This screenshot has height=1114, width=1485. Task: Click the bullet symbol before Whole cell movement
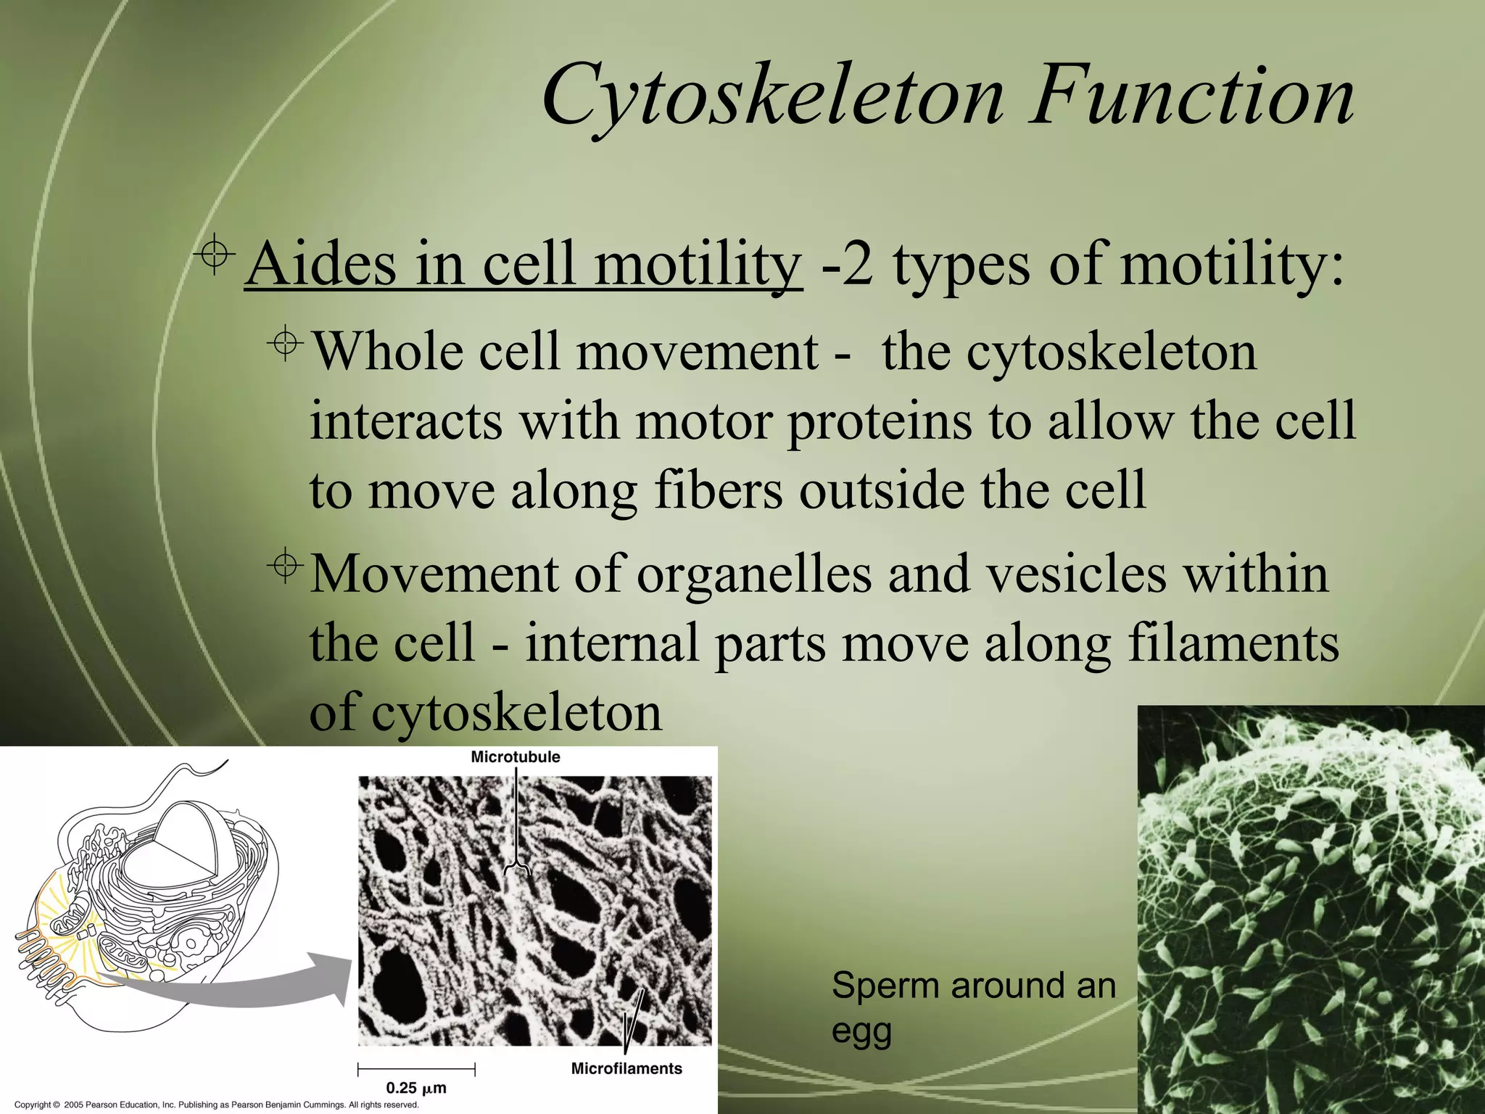click(286, 344)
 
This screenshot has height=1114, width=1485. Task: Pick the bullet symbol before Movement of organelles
click(286, 566)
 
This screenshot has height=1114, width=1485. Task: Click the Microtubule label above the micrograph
click(516, 757)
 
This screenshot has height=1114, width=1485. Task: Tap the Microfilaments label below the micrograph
click(626, 1068)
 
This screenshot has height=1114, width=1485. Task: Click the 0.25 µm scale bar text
click(415, 1088)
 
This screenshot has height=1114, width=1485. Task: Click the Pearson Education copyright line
click(217, 1105)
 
